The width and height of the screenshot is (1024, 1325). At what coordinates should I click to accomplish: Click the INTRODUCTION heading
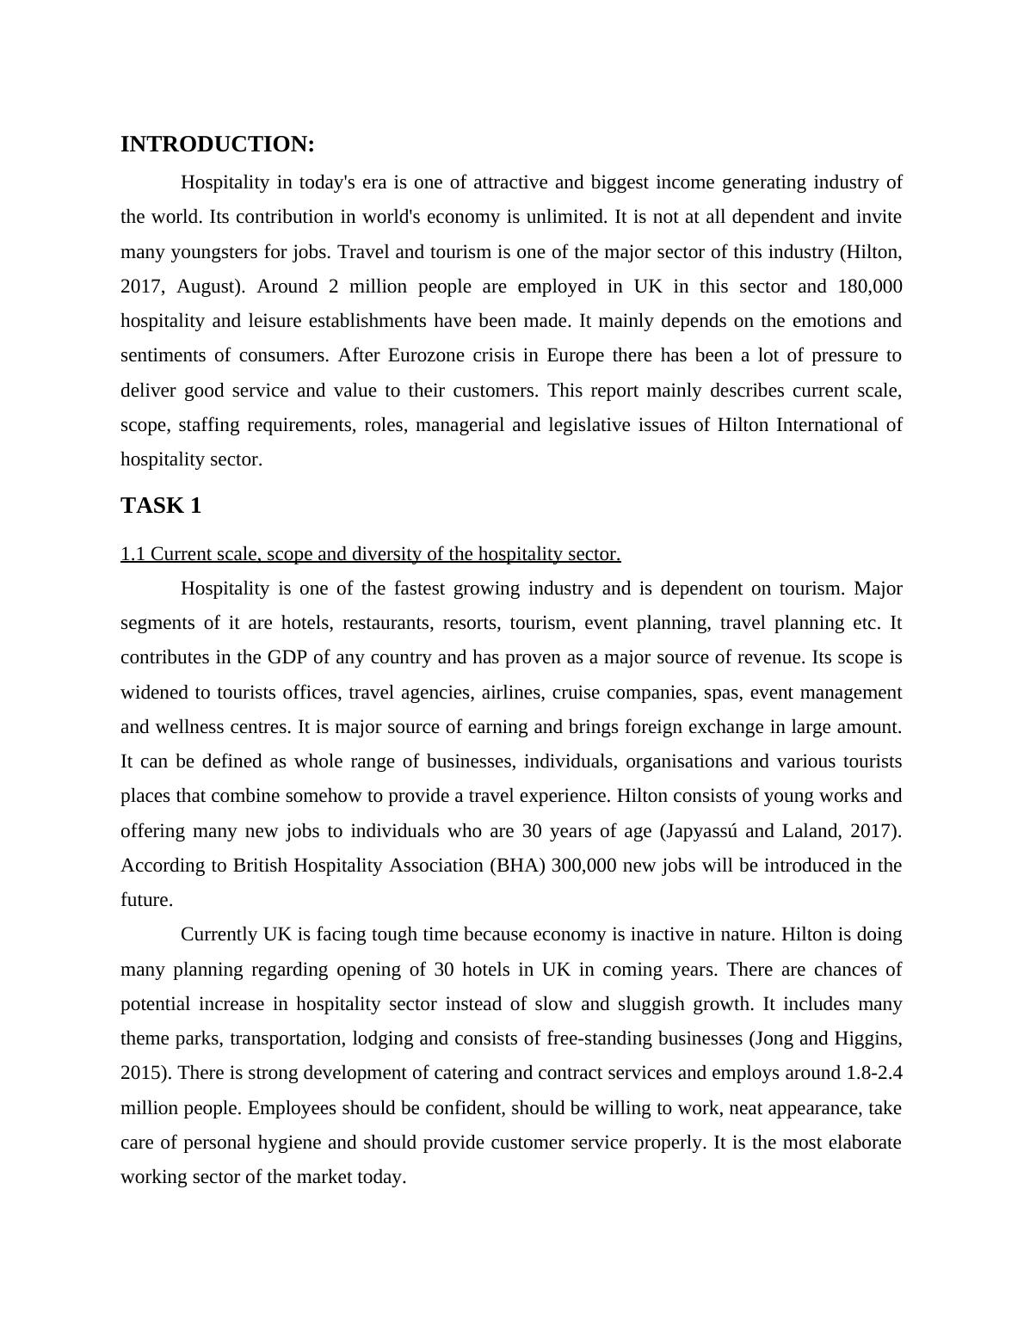pos(218,145)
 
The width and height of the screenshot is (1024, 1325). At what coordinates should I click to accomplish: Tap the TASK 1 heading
pos(161,506)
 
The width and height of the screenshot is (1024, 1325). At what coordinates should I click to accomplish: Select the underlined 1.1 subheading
pos(370,554)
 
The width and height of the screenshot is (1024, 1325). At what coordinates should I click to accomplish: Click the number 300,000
pos(583,866)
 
